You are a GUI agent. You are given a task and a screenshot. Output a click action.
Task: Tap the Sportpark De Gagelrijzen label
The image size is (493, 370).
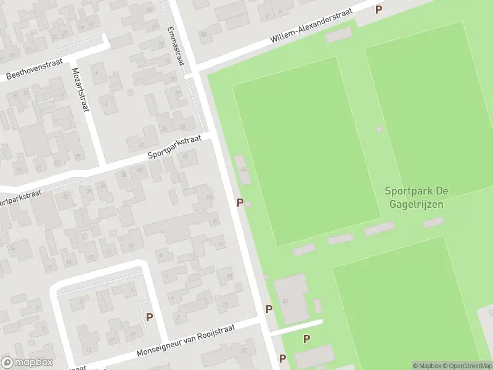[414, 198]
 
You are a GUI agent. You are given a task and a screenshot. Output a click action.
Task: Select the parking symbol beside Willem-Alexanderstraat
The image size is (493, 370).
[379, 9]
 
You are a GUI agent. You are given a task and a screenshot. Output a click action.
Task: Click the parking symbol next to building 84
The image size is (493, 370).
[240, 202]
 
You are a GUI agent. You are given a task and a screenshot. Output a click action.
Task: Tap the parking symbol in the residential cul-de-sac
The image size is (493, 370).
[149, 317]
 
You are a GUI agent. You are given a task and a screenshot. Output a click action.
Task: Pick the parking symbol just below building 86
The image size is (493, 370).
[269, 309]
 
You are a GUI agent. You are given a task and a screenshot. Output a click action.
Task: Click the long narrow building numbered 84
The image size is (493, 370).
[243, 170]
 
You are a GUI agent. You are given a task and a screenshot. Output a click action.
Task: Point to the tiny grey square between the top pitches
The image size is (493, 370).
[379, 129]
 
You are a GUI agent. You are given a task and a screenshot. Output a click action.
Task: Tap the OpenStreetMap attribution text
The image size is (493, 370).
[468, 366]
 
